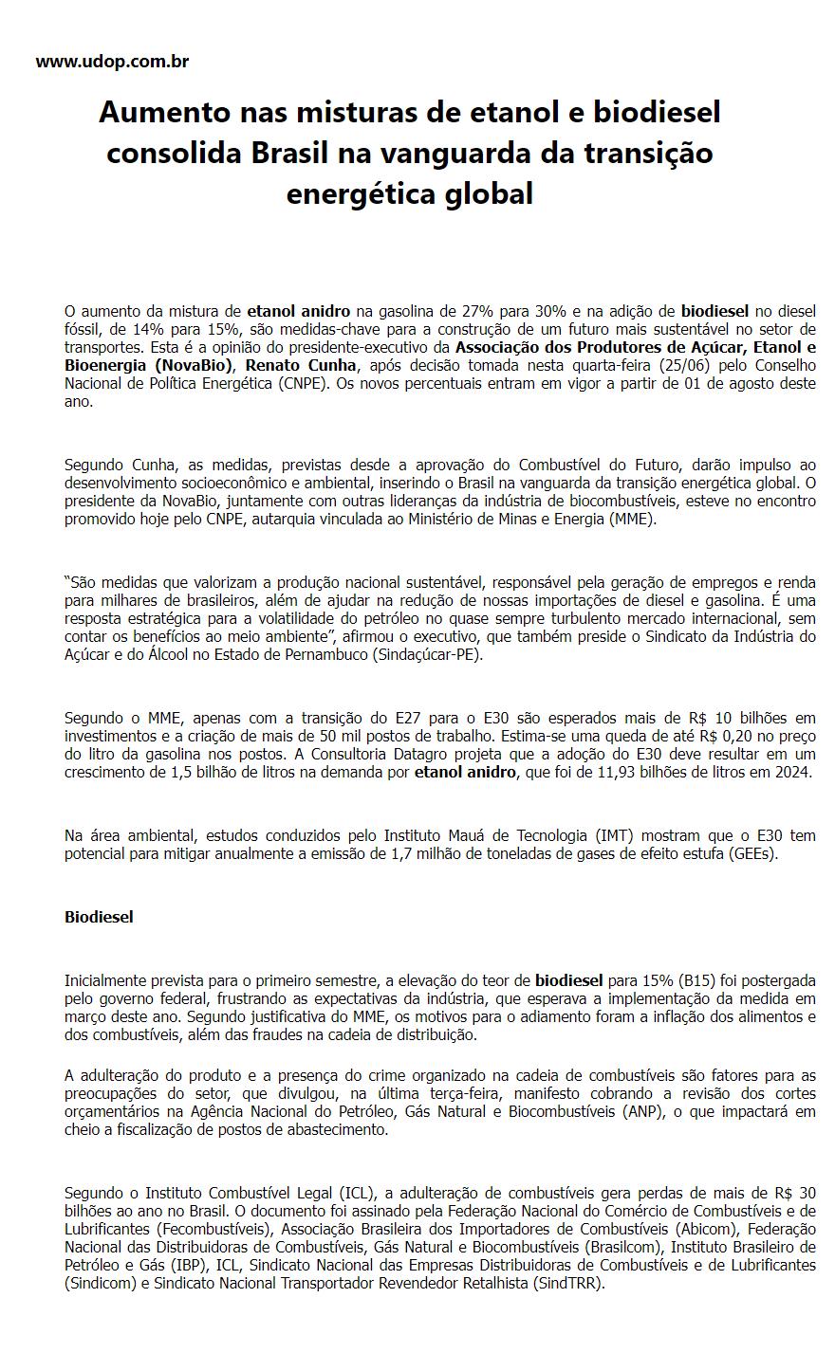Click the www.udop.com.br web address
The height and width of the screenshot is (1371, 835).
[112, 63]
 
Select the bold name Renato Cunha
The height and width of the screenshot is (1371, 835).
[305, 365]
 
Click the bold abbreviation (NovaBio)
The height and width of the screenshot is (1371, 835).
[194, 365]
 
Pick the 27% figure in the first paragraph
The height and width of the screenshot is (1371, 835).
[509, 311]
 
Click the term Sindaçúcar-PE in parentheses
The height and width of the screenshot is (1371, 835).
[434, 654]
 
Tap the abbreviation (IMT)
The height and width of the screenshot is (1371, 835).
[616, 835]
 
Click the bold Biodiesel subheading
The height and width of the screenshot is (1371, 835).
[99, 917]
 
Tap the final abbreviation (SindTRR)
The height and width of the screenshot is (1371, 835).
[567, 1284]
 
